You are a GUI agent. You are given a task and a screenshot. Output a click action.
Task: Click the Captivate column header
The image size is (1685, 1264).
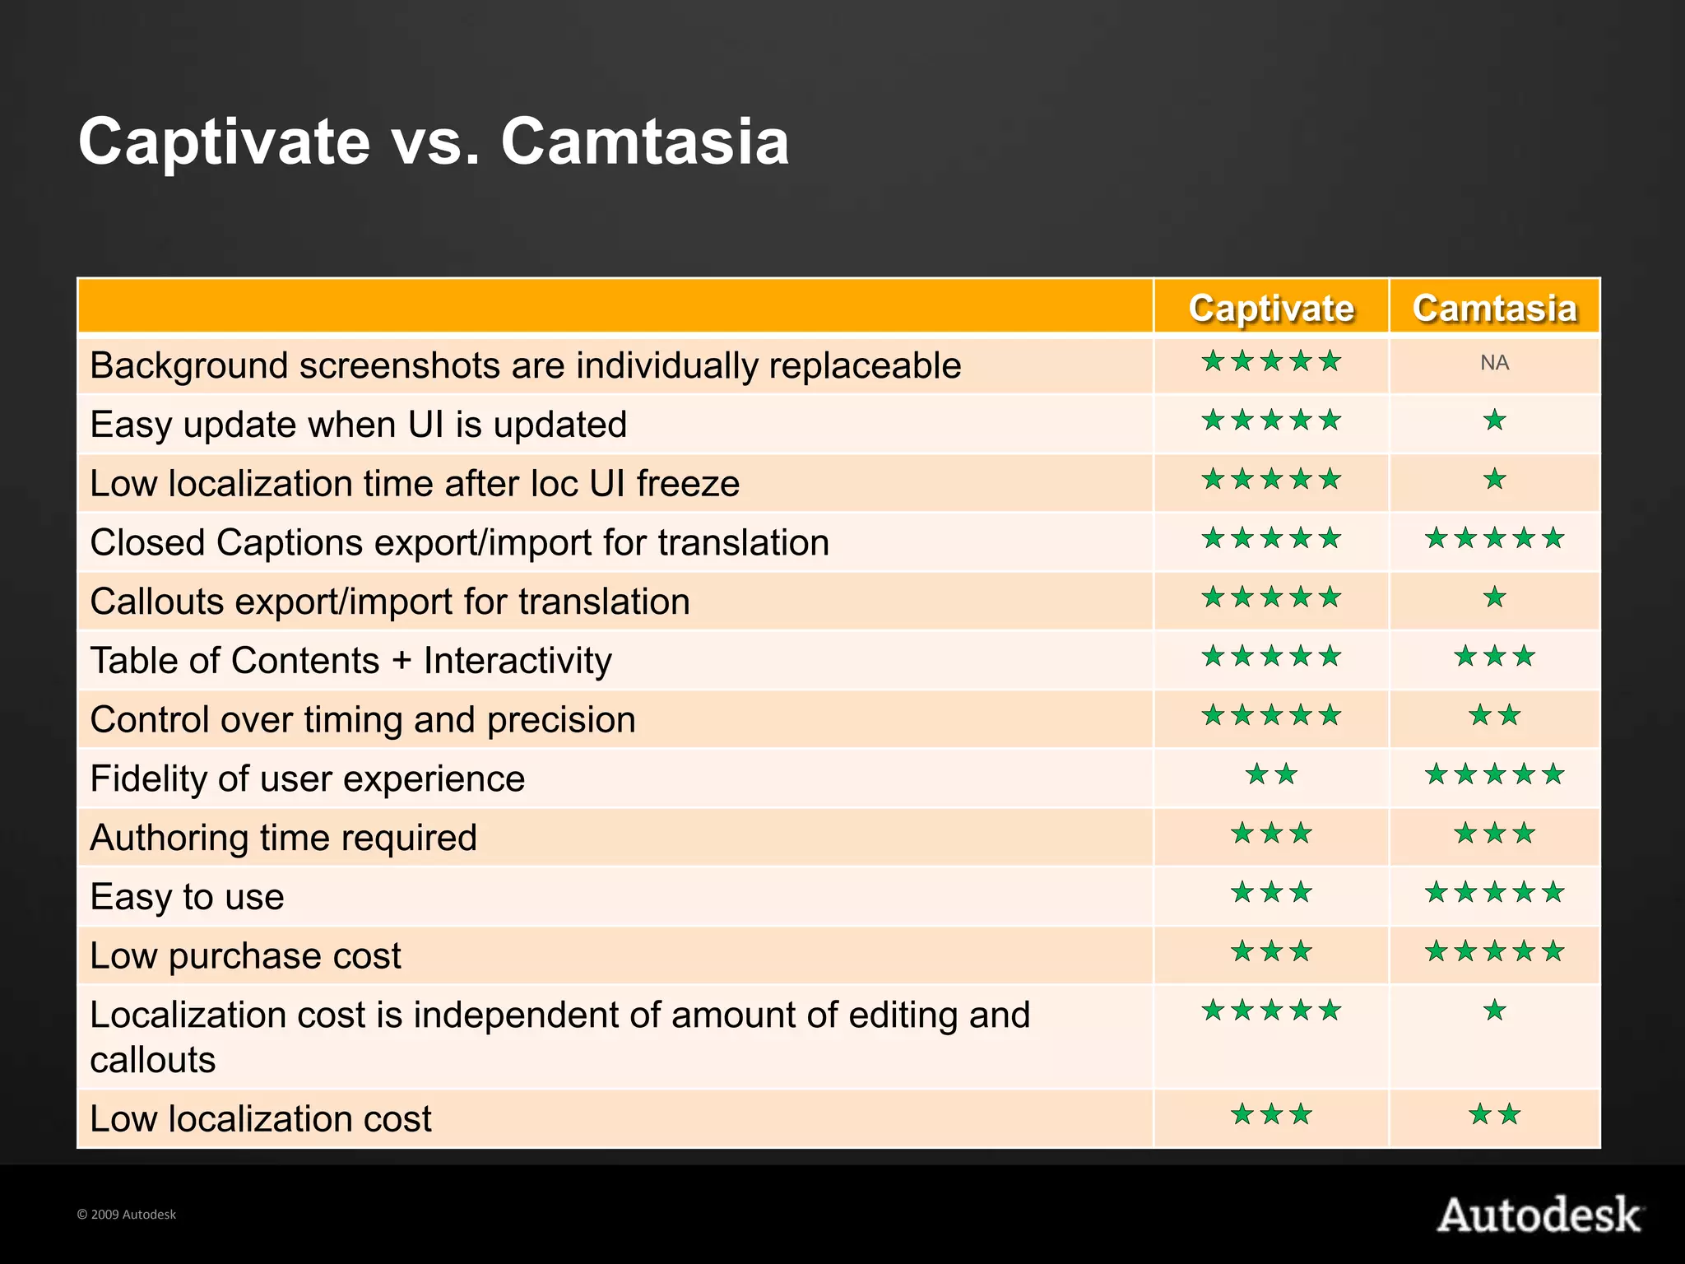(1271, 308)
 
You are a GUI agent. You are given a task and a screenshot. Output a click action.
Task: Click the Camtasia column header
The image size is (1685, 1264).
(1494, 308)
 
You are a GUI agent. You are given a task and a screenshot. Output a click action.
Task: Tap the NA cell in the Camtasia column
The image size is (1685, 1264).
(1494, 363)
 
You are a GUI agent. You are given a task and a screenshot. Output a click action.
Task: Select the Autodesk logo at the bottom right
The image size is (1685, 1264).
(1539, 1215)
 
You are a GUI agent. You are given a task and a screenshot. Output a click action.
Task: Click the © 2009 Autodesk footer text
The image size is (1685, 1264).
(126, 1215)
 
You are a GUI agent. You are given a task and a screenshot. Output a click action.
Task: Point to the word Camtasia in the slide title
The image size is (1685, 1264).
(644, 142)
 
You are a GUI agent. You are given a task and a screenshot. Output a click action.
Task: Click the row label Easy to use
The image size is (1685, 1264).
(187, 896)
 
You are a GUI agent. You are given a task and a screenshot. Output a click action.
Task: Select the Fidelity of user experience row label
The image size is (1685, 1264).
(307, 778)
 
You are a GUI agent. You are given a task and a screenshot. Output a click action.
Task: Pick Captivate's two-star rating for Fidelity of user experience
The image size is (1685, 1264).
(1271, 774)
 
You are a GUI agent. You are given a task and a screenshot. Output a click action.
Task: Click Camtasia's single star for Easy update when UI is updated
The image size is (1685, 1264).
(1494, 421)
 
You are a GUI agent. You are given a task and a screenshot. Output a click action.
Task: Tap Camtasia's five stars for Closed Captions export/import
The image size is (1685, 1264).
(1494, 539)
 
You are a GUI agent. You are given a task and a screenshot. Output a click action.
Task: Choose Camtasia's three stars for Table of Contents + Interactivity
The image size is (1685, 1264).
(1494, 657)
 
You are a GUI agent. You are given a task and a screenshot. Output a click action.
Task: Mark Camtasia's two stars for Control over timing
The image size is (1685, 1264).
(1494, 715)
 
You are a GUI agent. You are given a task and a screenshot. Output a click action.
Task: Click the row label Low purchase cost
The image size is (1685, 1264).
(245, 955)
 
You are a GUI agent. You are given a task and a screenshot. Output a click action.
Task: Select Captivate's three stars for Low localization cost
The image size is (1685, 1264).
(1271, 1115)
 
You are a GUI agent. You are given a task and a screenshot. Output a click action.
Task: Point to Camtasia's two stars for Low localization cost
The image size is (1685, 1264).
(1494, 1115)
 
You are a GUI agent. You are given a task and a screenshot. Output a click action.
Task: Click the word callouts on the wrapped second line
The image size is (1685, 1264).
(152, 1060)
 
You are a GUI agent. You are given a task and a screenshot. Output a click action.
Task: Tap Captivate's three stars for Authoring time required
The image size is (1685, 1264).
(1271, 834)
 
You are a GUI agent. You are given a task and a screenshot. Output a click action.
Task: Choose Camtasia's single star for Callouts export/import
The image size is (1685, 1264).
(1494, 597)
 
